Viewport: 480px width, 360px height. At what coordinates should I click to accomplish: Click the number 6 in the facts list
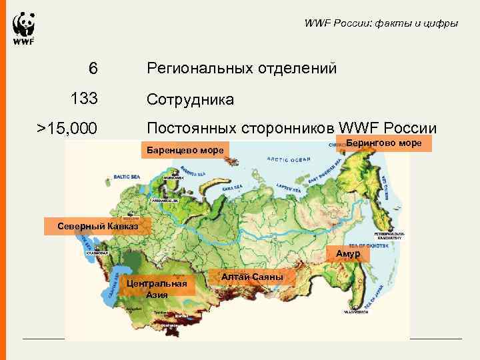click(93, 69)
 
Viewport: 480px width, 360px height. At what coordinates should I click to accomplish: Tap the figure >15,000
click(67, 128)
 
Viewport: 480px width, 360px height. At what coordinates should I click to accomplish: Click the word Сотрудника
click(190, 100)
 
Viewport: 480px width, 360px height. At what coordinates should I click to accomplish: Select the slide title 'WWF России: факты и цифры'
click(381, 24)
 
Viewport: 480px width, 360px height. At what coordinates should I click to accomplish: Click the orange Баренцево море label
click(185, 151)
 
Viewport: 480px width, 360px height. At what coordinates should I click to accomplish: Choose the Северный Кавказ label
click(97, 225)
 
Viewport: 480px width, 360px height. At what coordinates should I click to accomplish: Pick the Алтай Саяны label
click(252, 277)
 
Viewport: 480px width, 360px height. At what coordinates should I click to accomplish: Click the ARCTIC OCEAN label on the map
click(289, 159)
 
